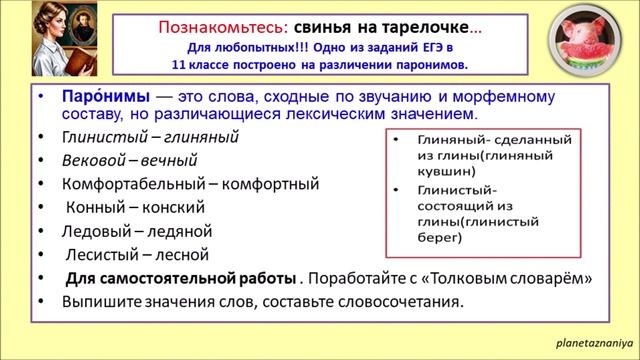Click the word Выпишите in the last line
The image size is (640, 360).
click(x=103, y=302)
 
